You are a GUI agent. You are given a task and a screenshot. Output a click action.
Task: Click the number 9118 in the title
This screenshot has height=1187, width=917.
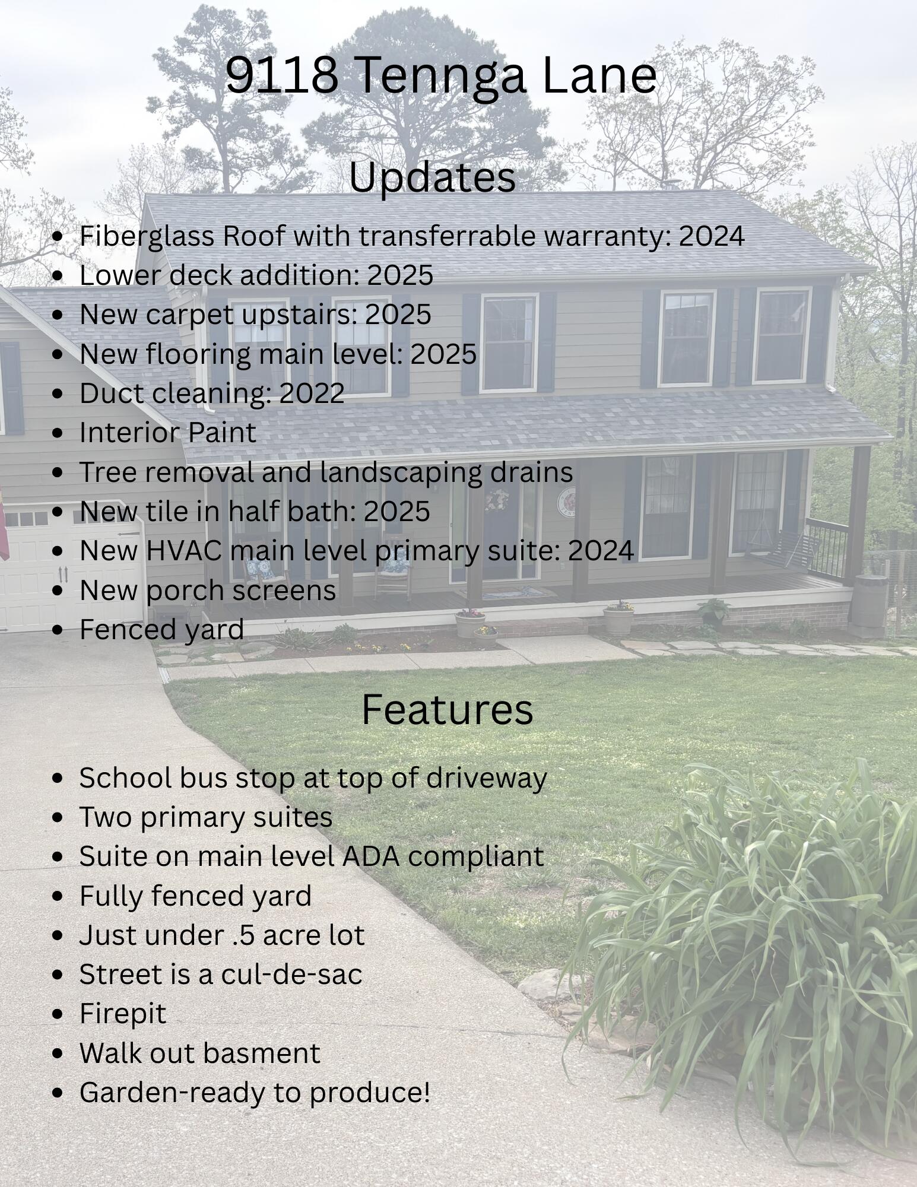click(282, 75)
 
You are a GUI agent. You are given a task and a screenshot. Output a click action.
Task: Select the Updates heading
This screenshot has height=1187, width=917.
click(432, 177)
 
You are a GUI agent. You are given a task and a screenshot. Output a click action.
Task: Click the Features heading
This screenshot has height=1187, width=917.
click(447, 709)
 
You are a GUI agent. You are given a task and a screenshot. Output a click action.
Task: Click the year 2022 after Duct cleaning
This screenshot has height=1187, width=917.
click(312, 393)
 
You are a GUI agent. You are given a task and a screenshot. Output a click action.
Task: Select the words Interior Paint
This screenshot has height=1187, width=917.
click(168, 432)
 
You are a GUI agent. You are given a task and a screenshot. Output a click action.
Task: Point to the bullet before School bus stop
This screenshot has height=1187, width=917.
click(58, 778)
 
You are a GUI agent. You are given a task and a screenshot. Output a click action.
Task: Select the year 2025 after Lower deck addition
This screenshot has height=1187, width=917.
click(400, 275)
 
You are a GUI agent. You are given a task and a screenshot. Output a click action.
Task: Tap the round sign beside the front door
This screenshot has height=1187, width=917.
click(566, 501)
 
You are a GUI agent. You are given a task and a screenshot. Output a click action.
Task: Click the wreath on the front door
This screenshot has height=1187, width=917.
click(496, 500)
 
